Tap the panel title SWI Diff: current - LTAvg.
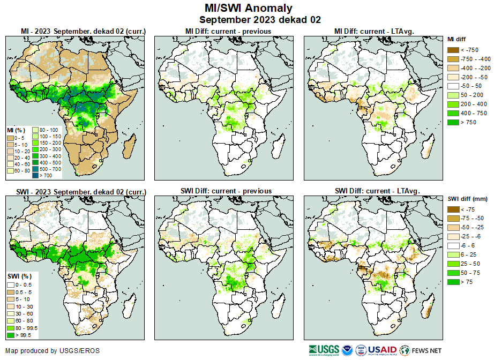click(x=377, y=191)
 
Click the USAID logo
click(x=381, y=350)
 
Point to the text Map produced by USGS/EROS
click(x=53, y=351)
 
